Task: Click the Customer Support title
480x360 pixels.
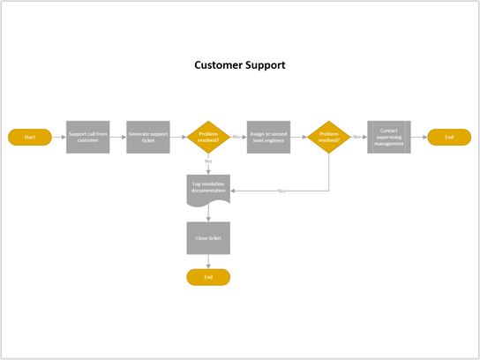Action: click(240, 65)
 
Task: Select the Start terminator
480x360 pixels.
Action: click(30, 137)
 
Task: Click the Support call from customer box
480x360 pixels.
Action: click(87, 137)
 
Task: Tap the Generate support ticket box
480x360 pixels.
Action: click(147, 137)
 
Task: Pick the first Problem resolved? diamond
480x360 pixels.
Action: click(208, 137)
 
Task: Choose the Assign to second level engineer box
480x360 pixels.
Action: click(268, 137)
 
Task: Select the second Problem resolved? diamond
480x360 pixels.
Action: click(328, 137)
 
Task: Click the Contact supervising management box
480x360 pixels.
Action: click(389, 137)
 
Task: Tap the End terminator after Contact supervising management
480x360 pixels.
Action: click(449, 137)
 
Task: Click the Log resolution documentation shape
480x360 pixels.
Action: click(208, 188)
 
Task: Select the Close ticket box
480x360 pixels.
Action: click(208, 238)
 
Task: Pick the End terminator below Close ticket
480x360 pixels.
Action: click(208, 277)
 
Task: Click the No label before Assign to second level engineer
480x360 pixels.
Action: click(236, 137)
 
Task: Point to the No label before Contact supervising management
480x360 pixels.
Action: click(356, 137)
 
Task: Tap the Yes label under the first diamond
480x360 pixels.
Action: click(208, 161)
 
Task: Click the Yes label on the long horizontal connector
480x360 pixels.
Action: click(281, 191)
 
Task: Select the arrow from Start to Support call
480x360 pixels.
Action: click(58, 137)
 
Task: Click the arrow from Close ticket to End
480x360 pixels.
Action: click(208, 262)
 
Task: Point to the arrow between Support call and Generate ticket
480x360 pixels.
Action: click(117, 137)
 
